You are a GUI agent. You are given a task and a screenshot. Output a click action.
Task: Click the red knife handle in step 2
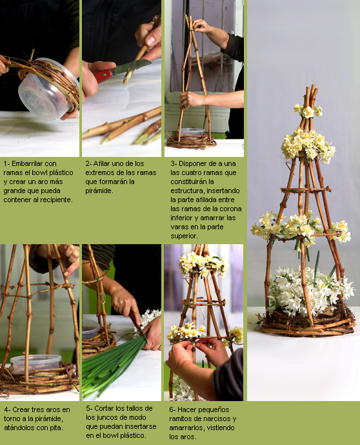click(103, 76)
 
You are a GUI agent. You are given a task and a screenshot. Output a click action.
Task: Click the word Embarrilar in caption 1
click(27, 163)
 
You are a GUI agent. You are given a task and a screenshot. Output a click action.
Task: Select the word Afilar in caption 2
click(101, 163)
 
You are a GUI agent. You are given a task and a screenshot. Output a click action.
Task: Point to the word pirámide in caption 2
click(99, 191)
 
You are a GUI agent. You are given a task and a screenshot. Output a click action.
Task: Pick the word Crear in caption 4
click(21, 409)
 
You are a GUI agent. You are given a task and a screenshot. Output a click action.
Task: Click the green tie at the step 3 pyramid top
click(192, 30)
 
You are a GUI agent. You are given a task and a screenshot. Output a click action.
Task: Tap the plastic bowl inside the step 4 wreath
click(36, 363)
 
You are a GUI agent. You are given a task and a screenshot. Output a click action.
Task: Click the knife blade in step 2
click(131, 67)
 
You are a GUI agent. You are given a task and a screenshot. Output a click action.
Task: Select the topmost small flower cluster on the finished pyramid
click(308, 110)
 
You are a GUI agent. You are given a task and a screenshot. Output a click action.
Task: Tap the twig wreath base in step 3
click(192, 141)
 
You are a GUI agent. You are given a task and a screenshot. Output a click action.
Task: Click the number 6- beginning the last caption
click(172, 409)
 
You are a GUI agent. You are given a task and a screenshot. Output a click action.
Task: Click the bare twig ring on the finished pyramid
click(306, 190)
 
